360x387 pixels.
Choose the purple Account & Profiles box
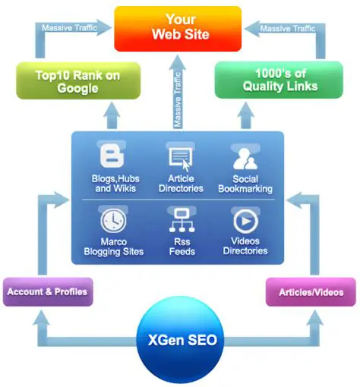point(47,291)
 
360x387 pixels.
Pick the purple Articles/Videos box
point(311,291)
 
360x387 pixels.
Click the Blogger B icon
point(113,158)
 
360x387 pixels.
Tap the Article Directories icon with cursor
point(180,158)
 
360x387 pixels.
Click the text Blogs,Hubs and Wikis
point(113,184)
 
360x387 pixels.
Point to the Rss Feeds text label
point(180,245)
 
